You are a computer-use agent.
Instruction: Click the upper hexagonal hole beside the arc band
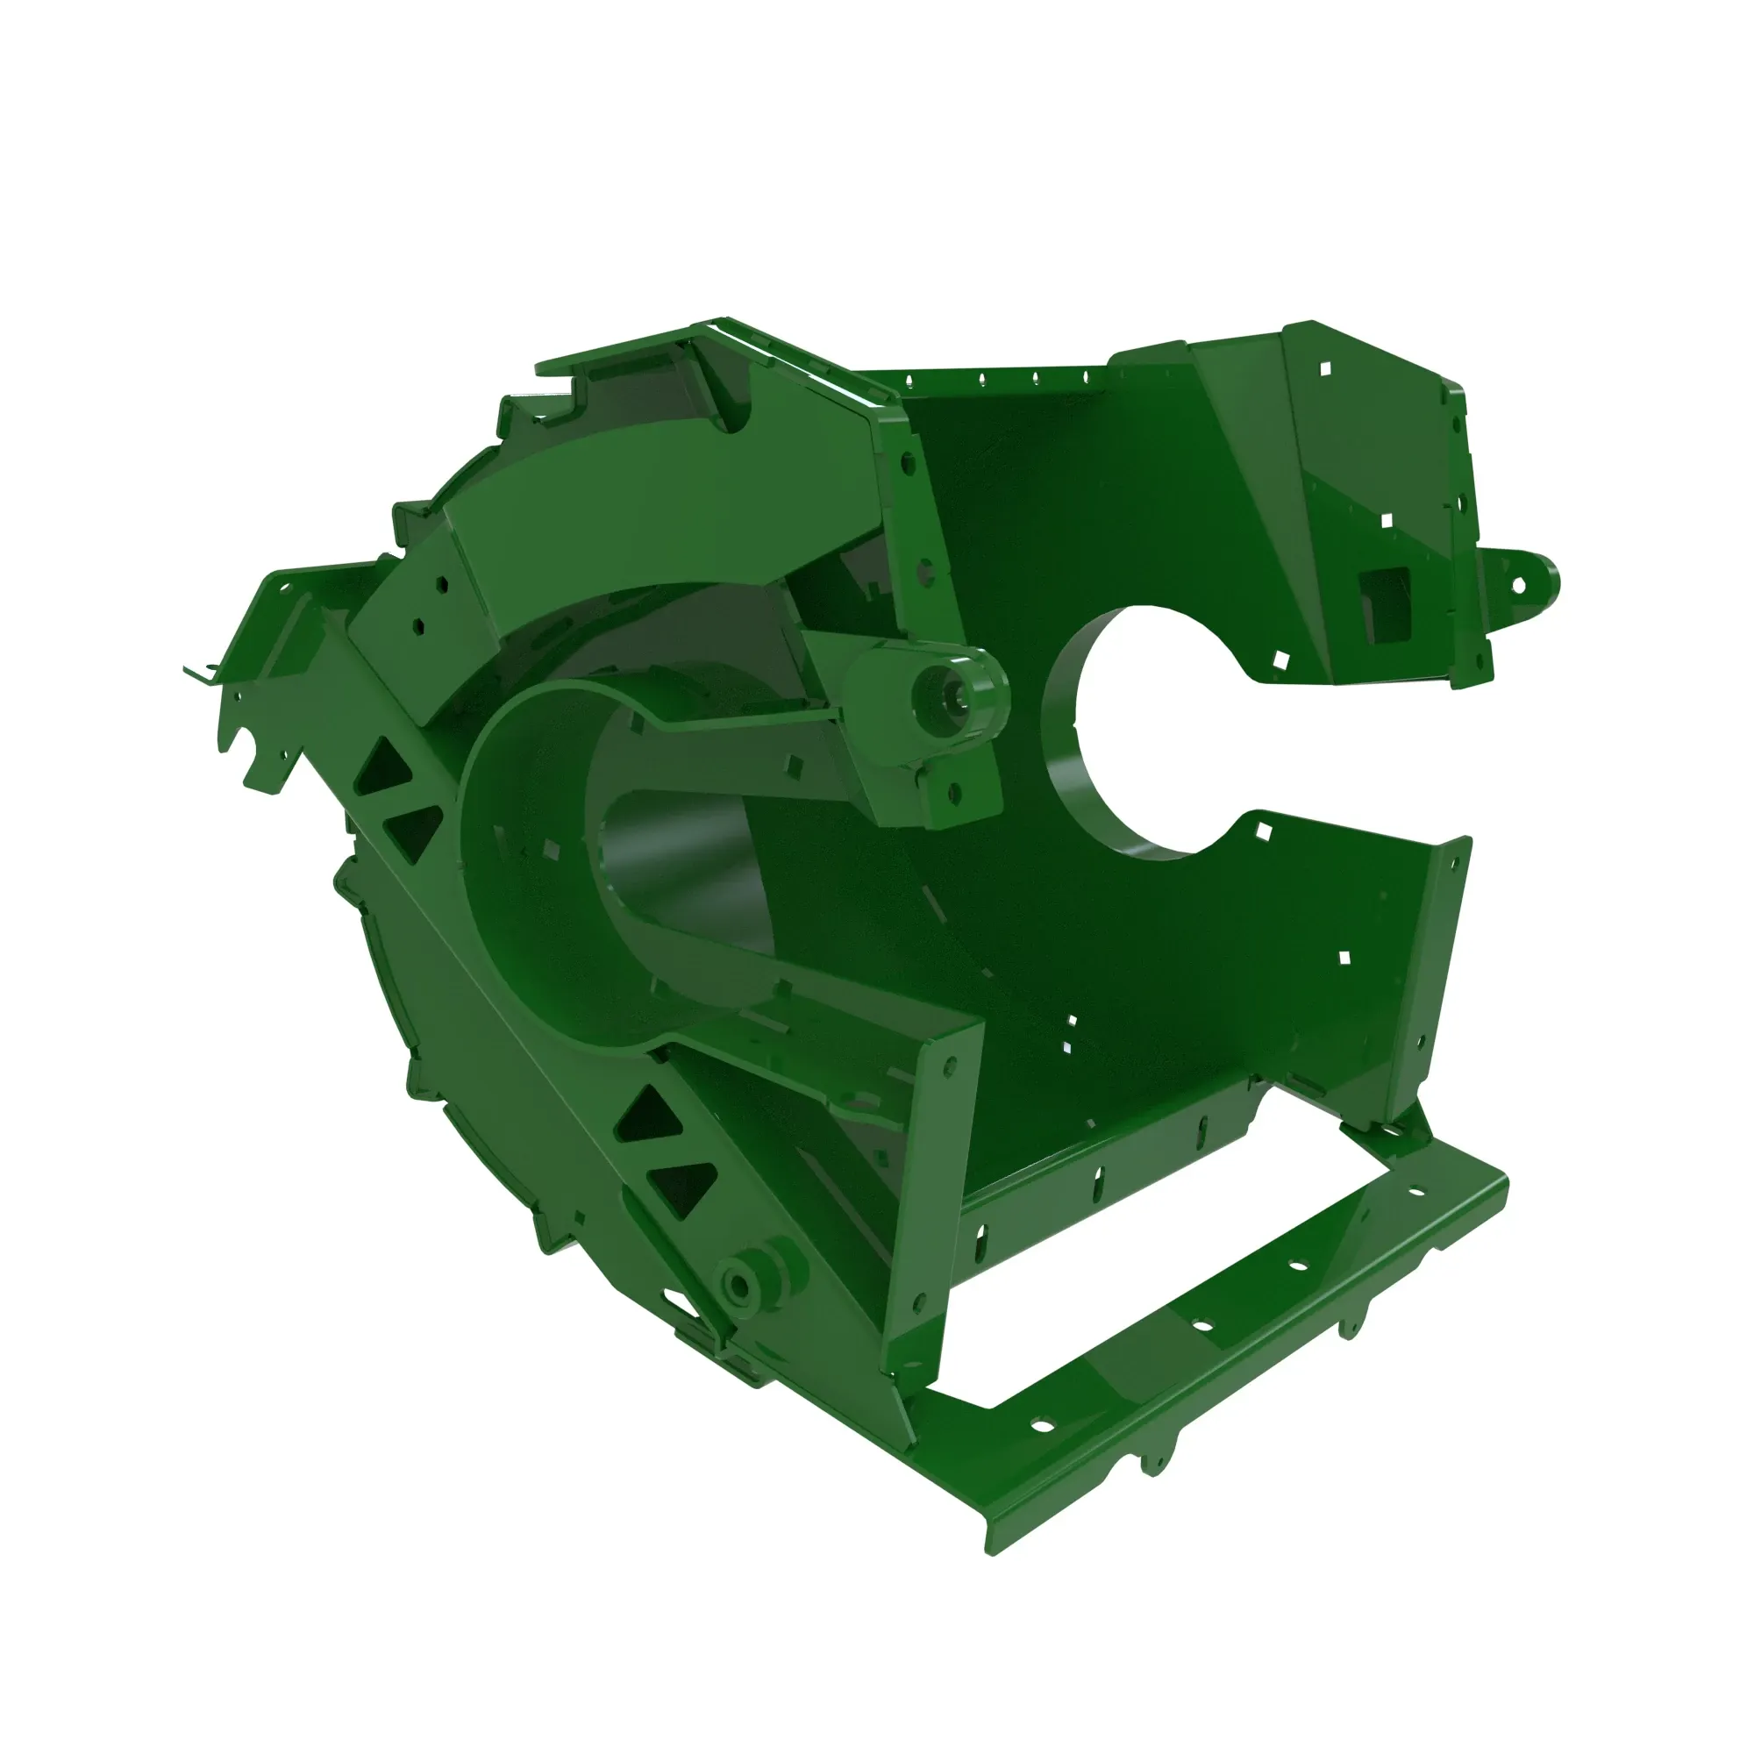click(x=441, y=586)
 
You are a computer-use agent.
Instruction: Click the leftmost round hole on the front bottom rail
click(x=1042, y=1425)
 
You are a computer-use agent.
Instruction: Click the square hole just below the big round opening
click(x=1262, y=829)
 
